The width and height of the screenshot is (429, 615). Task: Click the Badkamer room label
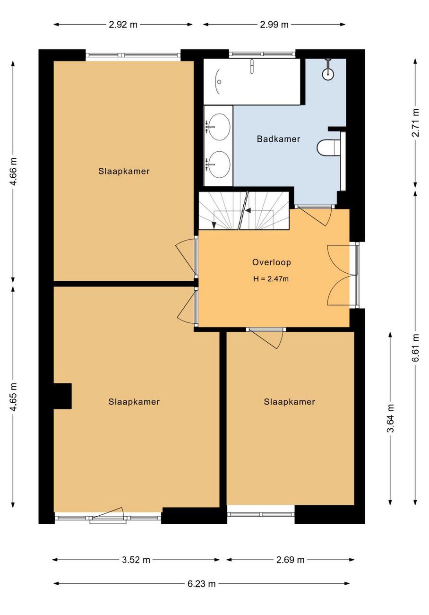278,139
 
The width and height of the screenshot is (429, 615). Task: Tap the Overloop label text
272,262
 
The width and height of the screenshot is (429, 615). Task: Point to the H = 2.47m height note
271,279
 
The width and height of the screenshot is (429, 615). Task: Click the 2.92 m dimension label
123,25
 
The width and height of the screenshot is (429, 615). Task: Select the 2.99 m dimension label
274,25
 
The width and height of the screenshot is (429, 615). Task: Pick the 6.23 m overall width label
201,584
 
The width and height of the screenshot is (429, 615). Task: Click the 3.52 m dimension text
136,560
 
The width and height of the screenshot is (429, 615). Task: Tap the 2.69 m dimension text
291,560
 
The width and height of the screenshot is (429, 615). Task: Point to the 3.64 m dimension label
390,418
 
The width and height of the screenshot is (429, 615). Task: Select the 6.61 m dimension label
416,348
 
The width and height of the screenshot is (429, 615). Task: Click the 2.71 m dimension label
416,123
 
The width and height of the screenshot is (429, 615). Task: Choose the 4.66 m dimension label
13,172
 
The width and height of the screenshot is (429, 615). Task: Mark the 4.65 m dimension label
13,397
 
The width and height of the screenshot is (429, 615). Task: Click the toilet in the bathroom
328,147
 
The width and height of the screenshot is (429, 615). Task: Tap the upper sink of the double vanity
219,127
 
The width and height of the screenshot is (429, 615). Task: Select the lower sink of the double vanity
219,164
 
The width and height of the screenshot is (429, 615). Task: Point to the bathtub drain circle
219,82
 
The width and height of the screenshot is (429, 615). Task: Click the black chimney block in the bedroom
62,396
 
